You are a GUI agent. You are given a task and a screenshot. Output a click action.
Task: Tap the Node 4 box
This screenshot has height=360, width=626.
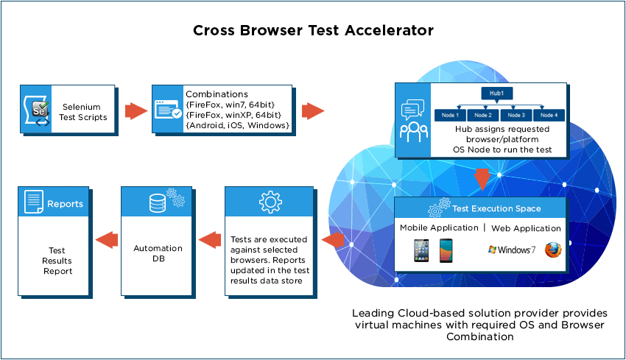tap(549, 115)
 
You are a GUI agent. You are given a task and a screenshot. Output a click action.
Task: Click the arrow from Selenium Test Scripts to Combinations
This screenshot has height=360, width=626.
tap(135, 111)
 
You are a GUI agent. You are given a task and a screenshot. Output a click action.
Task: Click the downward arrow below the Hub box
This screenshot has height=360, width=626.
tap(482, 178)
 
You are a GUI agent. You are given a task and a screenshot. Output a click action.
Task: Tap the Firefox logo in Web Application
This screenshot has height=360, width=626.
tap(553, 250)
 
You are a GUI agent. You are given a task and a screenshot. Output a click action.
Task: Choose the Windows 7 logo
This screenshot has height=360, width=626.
tap(512, 250)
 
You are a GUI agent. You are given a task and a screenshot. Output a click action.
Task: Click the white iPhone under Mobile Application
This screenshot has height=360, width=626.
tap(421, 251)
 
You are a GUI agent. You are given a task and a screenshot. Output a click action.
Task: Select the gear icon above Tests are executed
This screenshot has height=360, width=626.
tap(270, 202)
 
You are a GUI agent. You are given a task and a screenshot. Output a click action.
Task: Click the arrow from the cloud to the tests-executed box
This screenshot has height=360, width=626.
tap(334, 239)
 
